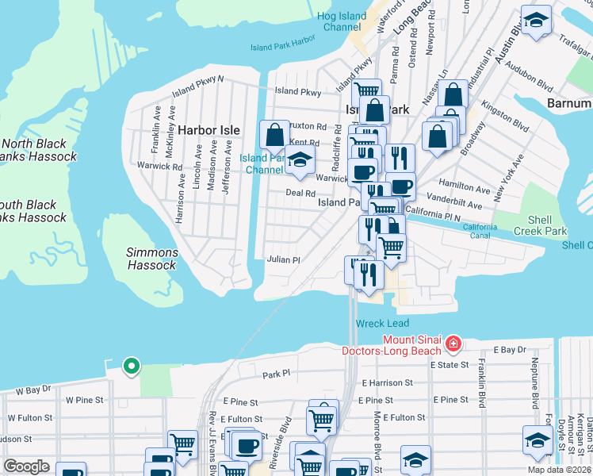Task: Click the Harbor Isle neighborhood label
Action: tap(209, 129)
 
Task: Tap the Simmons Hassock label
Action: tap(152, 259)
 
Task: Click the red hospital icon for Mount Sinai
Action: tap(453, 344)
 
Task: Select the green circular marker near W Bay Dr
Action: tap(131, 366)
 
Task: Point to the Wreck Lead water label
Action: tap(382, 324)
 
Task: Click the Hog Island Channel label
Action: tap(342, 21)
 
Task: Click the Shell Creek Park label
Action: tap(547, 225)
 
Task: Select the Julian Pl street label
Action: tap(283, 259)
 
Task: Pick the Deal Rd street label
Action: tap(300, 193)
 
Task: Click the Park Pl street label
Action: tap(277, 373)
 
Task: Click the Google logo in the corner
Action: tap(26, 466)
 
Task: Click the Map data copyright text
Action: tap(557, 470)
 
